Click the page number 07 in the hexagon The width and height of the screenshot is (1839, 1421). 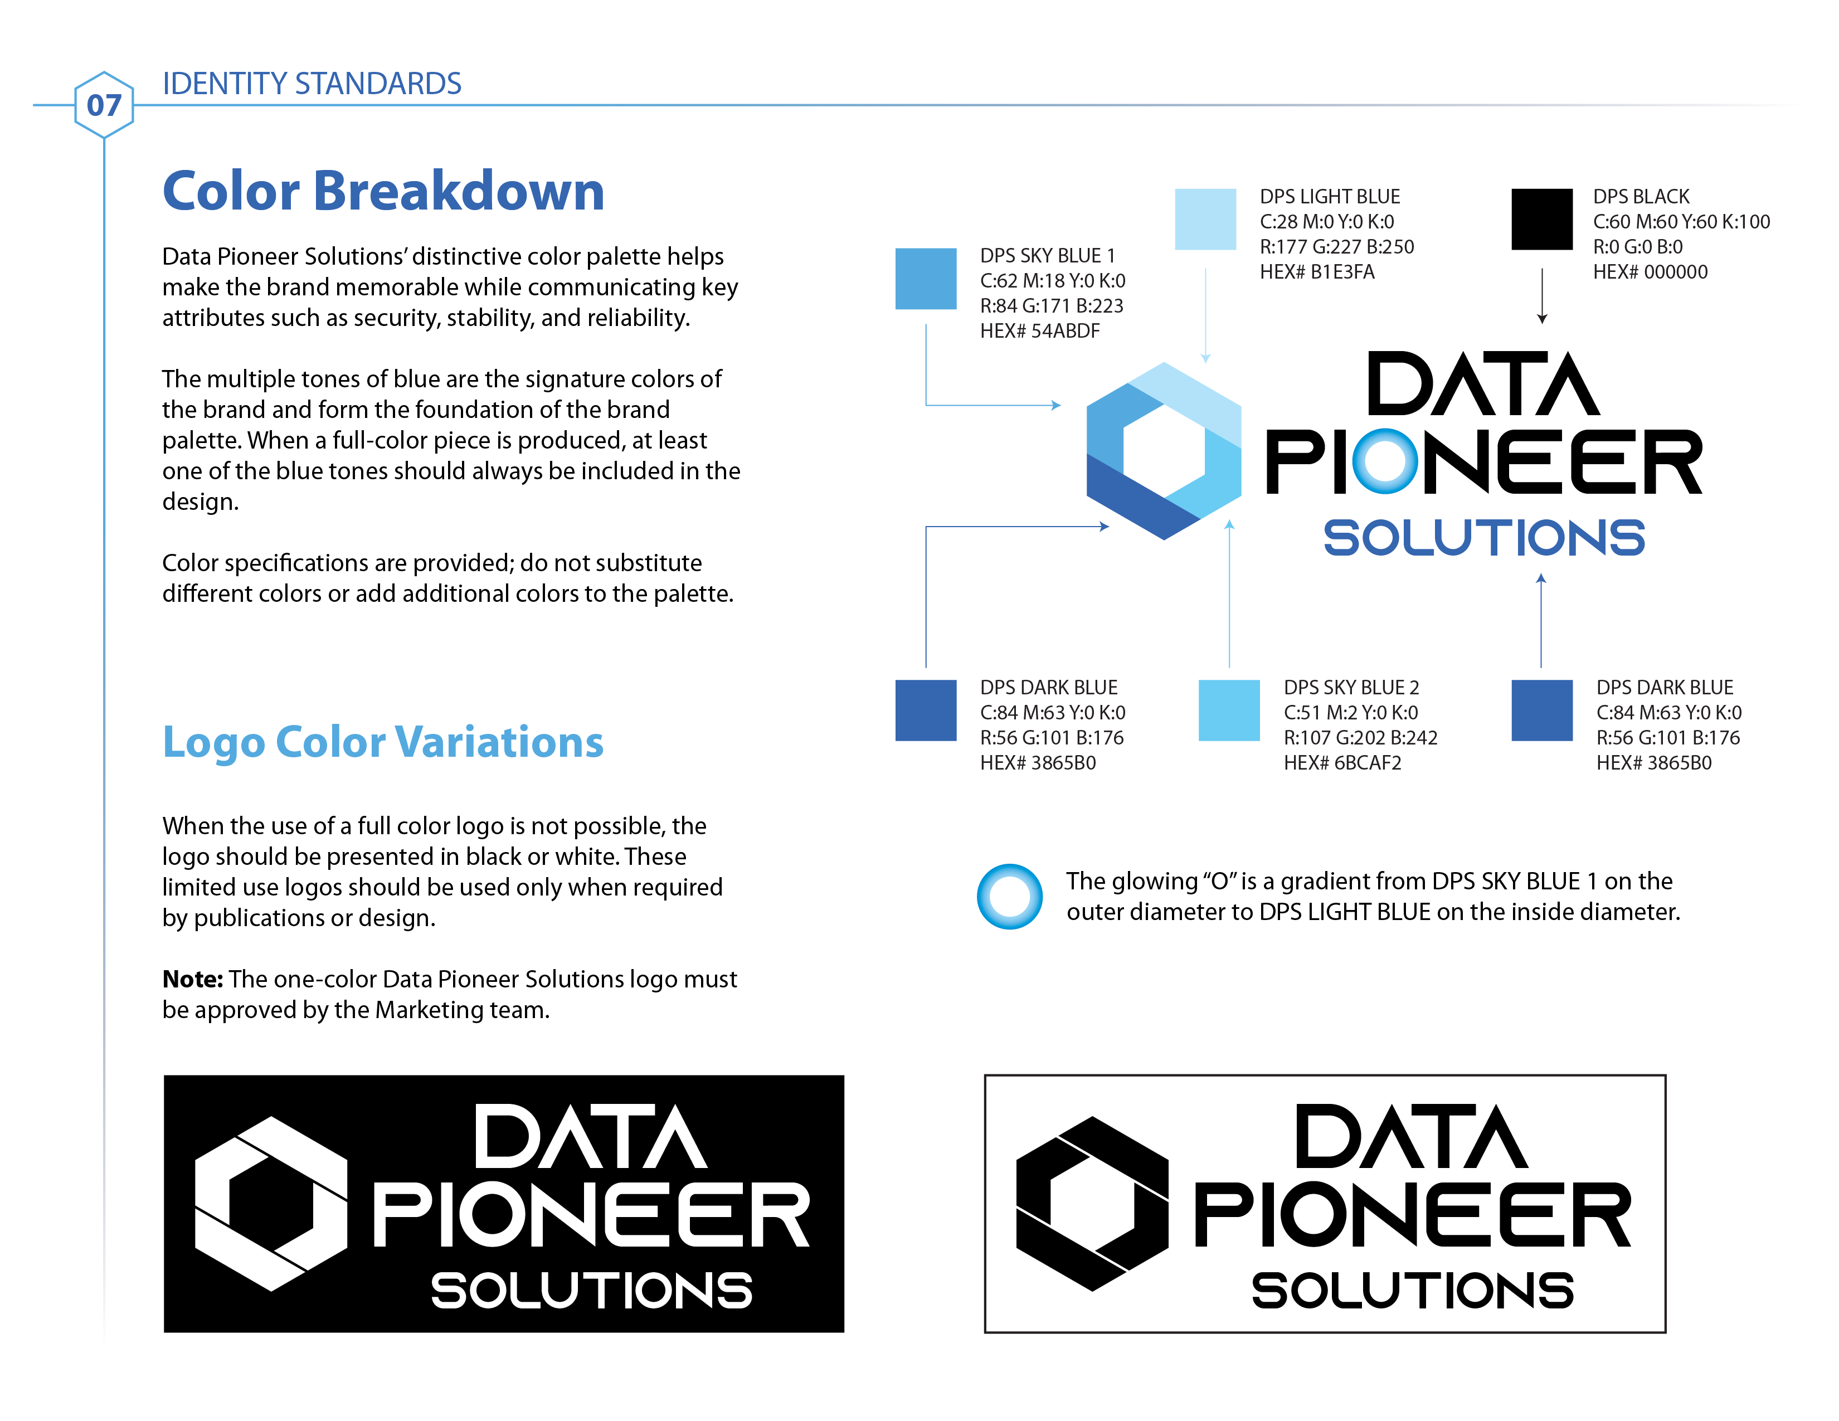point(104,105)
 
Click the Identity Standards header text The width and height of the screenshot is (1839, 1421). point(312,84)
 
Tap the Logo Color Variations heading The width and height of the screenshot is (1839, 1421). point(383,742)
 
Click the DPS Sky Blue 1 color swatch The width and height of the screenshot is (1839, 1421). point(926,279)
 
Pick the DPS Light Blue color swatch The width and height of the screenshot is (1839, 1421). point(1205,219)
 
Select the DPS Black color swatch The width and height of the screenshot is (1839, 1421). point(1542,219)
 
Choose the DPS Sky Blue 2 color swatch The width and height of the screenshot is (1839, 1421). point(1229,709)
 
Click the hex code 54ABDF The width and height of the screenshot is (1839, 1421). point(1065,331)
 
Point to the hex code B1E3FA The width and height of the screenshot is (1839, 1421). point(1342,272)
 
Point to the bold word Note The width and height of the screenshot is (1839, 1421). point(193,979)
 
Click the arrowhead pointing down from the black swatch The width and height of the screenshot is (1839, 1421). point(1542,318)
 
